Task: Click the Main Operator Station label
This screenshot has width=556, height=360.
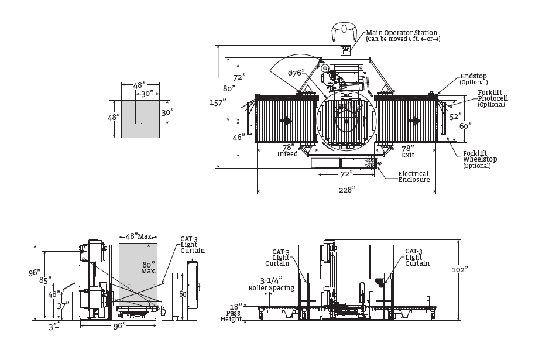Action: tap(401, 33)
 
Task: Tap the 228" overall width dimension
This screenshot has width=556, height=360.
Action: tap(347, 190)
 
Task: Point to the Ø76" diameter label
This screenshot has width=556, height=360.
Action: tap(297, 73)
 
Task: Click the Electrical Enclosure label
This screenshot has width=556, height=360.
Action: tap(413, 177)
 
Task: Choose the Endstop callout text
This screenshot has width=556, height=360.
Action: tap(473, 76)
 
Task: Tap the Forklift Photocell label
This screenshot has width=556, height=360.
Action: tap(493, 95)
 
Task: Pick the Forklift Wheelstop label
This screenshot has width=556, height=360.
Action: tap(480, 156)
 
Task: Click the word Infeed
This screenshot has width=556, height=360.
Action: tap(287, 154)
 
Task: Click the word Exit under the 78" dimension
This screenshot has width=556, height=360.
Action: tap(408, 155)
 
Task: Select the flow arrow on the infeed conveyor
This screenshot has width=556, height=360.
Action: tap(286, 121)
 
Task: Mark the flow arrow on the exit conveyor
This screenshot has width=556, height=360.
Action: tap(414, 121)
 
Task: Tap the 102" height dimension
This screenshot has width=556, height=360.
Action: tap(459, 270)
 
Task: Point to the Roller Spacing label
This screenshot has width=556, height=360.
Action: tap(271, 288)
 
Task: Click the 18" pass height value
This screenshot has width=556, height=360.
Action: tap(235, 307)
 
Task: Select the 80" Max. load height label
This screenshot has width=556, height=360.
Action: tap(149, 268)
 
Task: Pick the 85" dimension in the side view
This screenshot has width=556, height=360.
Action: tap(45, 280)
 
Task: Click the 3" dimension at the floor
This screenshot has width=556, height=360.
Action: tap(53, 327)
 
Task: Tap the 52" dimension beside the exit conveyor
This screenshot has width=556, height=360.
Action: tap(455, 116)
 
